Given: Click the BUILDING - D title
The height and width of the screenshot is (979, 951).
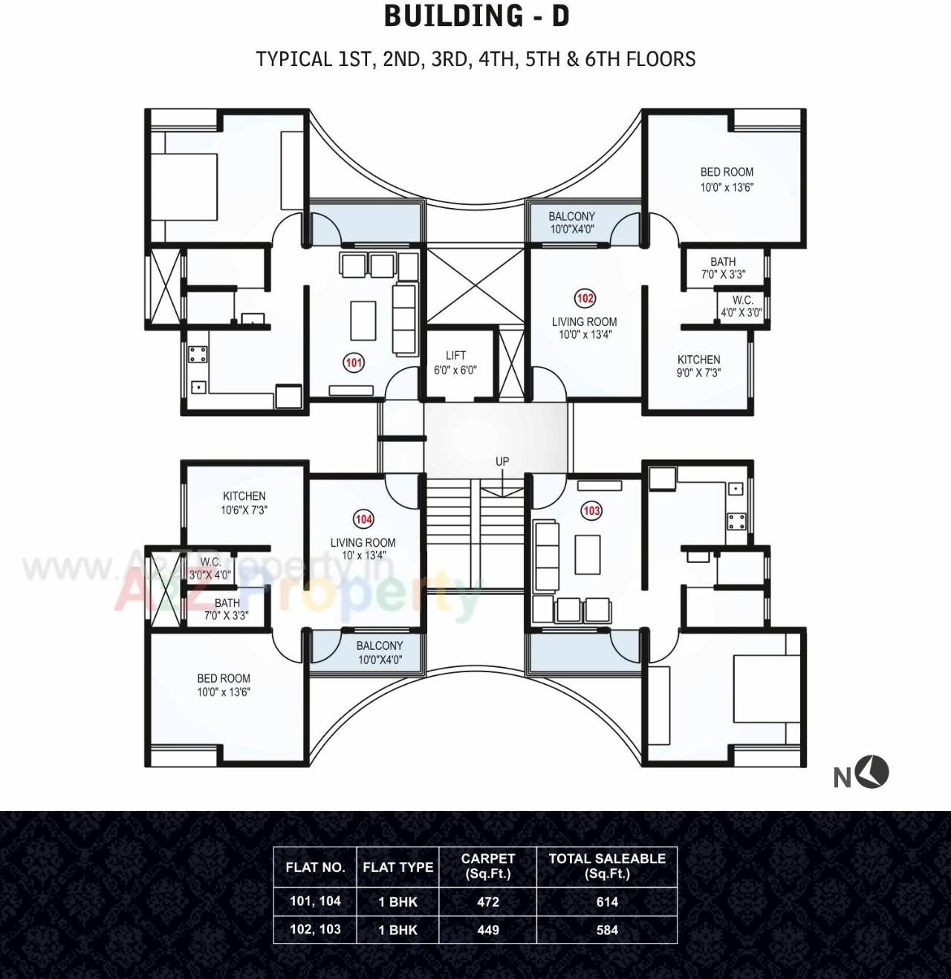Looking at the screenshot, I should pyautogui.click(x=476, y=16).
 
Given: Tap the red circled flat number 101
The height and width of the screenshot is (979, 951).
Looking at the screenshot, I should pyautogui.click(x=354, y=362).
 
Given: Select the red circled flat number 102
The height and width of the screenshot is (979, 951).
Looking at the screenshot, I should pyautogui.click(x=585, y=299).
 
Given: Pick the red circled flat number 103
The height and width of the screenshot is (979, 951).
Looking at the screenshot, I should pyautogui.click(x=591, y=511).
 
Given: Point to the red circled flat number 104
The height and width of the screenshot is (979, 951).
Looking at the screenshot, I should pyautogui.click(x=363, y=519).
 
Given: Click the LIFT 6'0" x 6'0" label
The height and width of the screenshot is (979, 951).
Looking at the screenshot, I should pyautogui.click(x=455, y=362).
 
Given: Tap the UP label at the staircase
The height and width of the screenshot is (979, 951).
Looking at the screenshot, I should pyautogui.click(x=502, y=461).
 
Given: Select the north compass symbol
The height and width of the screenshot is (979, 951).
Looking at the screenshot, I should pyautogui.click(x=873, y=773).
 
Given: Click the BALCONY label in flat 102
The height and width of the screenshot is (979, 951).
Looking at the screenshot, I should pyautogui.click(x=571, y=222).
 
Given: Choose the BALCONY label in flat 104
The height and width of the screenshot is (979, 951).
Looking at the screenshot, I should pyautogui.click(x=380, y=652).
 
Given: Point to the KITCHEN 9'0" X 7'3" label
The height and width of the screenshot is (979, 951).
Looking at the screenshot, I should pyautogui.click(x=698, y=365).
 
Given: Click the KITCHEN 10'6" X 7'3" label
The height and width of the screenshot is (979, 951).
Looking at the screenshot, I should pyautogui.click(x=244, y=503).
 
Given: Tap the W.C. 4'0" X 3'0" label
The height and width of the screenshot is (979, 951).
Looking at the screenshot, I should pyautogui.click(x=741, y=306).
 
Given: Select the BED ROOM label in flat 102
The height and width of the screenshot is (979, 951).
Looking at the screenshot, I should pyautogui.click(x=727, y=179).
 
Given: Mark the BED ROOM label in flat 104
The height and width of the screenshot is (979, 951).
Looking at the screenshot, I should pyautogui.click(x=224, y=685).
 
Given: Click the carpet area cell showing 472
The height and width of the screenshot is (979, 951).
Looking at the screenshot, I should pyautogui.click(x=488, y=902).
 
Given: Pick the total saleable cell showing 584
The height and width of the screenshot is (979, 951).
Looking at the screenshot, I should pyautogui.click(x=607, y=930).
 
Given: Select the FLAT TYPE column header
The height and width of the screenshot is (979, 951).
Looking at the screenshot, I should pyautogui.click(x=397, y=867).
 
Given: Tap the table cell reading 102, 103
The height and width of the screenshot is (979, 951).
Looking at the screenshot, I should pyautogui.click(x=315, y=930).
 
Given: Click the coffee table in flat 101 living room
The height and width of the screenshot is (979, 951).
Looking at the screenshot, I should pyautogui.click(x=363, y=319).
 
